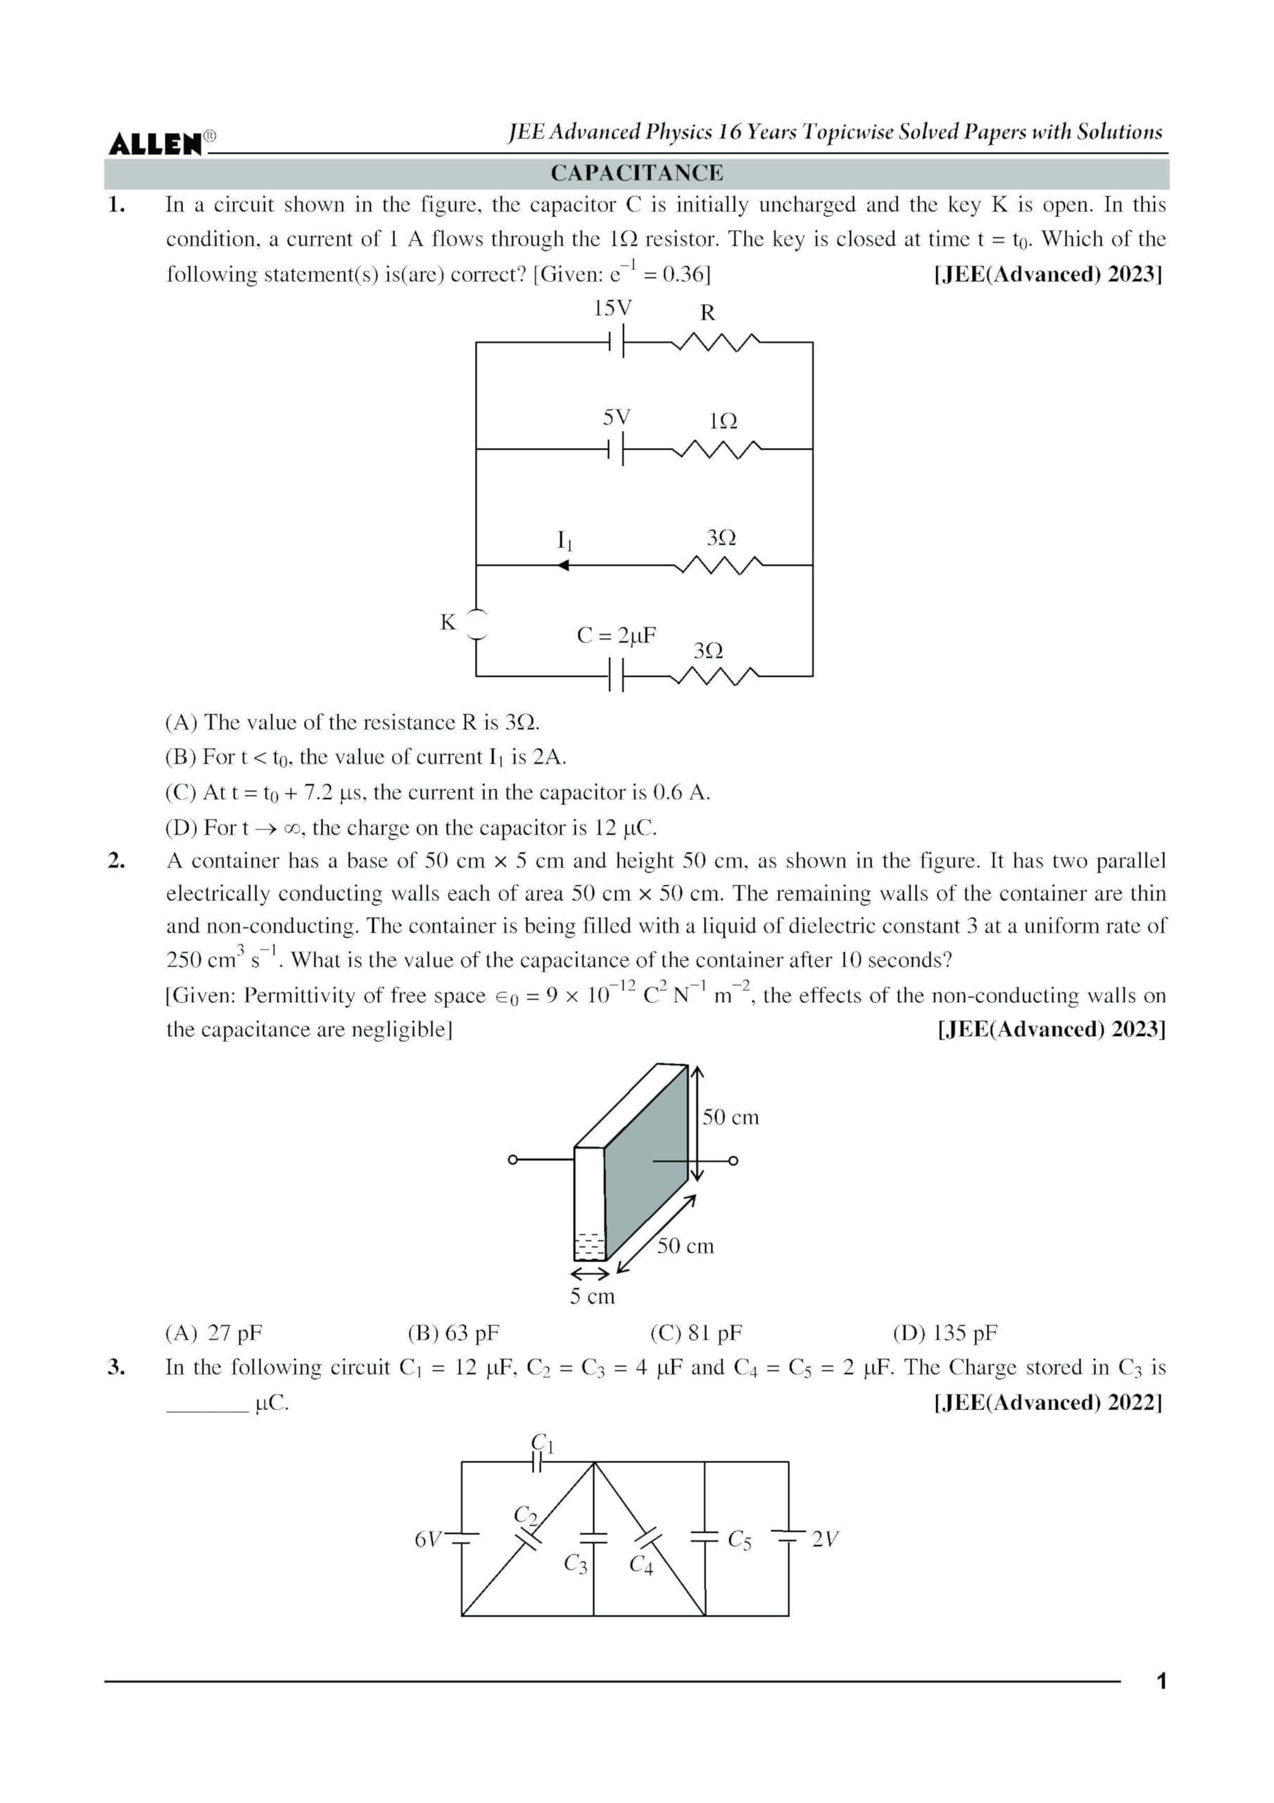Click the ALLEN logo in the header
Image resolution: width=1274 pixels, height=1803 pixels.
(x=156, y=143)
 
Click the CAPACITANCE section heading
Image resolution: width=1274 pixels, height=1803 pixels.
(x=636, y=173)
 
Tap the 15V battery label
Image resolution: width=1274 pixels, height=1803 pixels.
(x=612, y=308)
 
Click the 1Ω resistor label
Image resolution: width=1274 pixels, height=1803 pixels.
(x=723, y=422)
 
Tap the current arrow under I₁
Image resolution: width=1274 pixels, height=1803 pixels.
(x=563, y=565)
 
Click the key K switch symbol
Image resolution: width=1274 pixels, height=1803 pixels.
(x=476, y=624)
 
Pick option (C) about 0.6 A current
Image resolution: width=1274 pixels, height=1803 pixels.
(x=437, y=792)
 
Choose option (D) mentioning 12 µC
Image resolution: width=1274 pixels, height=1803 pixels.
(x=410, y=828)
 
